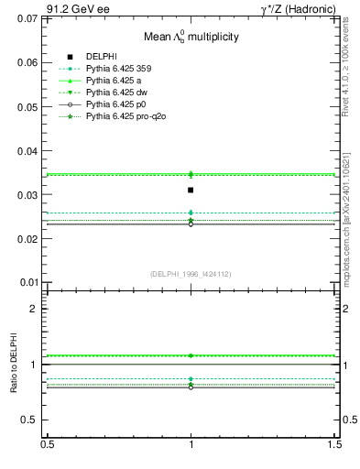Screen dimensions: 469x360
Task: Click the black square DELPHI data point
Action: click(x=191, y=190)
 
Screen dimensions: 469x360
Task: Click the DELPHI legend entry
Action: click(x=100, y=56)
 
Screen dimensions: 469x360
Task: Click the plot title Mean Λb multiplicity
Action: click(x=191, y=38)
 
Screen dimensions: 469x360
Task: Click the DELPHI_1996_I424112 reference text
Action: click(x=191, y=273)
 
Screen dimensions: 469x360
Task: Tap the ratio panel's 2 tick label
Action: click(x=34, y=309)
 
